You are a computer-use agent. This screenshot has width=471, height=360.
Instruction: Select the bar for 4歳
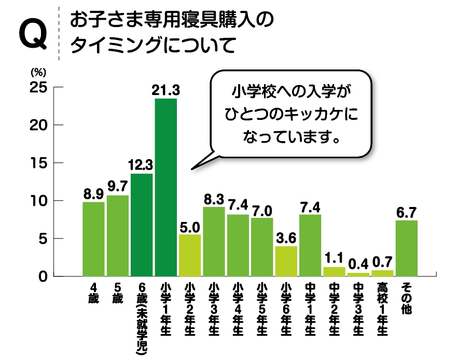93,239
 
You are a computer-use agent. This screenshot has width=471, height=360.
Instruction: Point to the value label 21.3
166,91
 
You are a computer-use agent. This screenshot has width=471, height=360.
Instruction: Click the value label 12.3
141,166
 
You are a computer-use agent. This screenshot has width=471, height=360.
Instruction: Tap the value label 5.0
190,228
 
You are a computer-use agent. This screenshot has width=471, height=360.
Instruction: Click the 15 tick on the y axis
40,163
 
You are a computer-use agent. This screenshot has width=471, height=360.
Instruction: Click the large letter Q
33,36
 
